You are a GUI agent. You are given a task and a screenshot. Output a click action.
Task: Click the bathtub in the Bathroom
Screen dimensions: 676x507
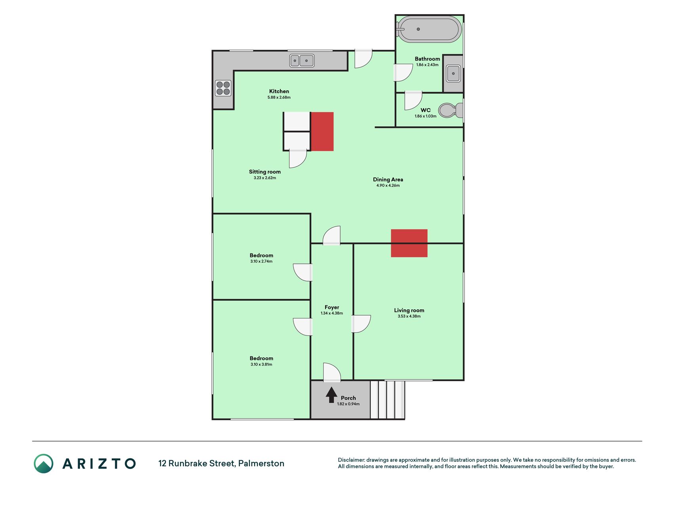coord(429,29)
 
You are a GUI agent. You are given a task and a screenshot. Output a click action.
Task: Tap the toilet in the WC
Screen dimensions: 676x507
coord(451,110)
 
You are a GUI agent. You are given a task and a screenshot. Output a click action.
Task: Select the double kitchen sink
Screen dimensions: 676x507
coord(302,61)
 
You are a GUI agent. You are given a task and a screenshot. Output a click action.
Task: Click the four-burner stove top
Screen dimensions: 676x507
coord(223,88)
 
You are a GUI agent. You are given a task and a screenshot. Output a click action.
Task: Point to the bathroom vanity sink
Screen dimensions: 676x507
coord(453,73)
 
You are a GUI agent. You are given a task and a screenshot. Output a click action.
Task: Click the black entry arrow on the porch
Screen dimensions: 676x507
coord(331,395)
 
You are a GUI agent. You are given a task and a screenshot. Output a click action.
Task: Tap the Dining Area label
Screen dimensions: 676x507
coord(388,179)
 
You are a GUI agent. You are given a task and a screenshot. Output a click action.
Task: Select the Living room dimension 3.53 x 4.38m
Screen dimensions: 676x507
coord(409,316)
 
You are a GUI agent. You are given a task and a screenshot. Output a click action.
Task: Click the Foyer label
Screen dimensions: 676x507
coord(332,307)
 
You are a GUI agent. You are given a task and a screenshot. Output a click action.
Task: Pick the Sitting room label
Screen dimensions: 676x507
coord(265,172)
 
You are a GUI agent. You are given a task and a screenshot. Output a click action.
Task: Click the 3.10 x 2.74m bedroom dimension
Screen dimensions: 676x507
coord(261,261)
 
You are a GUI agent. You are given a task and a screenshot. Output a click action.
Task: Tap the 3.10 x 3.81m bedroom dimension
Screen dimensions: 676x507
coord(261,364)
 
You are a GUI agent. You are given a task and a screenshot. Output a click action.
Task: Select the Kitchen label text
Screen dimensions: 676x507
coord(279,91)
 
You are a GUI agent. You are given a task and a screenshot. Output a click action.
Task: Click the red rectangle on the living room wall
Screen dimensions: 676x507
coord(409,243)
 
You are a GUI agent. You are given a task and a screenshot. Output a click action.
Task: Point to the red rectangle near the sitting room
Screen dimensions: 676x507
coord(322,132)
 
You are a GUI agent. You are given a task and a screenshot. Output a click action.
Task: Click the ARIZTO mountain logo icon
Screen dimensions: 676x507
coord(44,463)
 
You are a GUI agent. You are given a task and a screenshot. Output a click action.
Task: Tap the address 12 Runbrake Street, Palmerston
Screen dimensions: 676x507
coord(221,463)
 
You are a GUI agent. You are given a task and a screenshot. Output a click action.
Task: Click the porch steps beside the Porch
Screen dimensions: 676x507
coord(387,400)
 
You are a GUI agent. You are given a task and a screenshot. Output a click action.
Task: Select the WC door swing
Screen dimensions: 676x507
coord(413,101)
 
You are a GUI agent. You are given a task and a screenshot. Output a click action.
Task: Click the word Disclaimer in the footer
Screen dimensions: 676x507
coord(351,460)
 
